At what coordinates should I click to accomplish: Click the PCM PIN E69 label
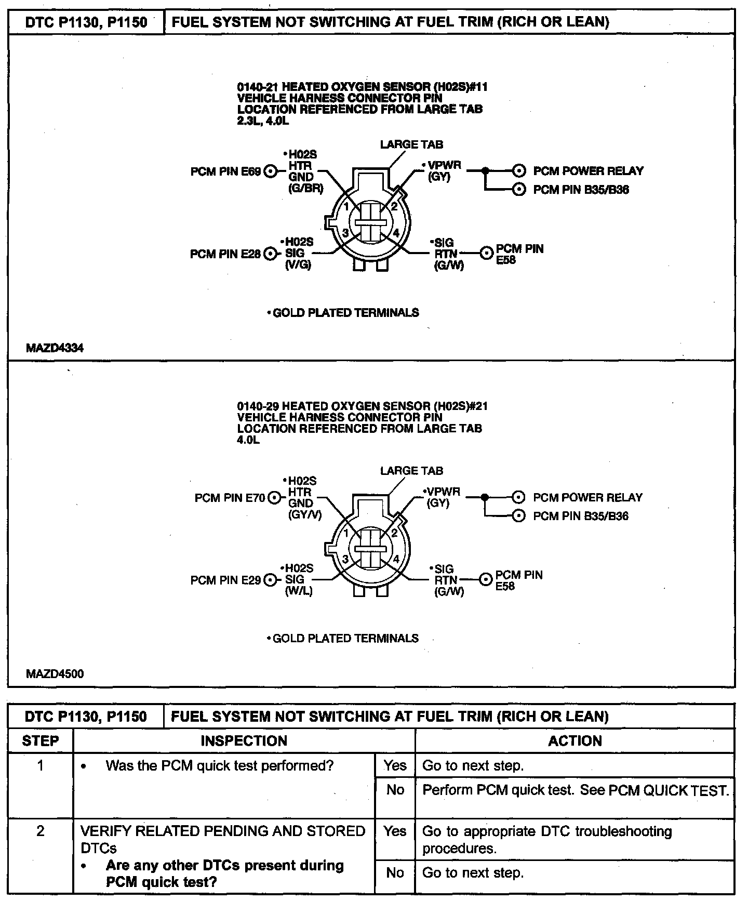[225, 171]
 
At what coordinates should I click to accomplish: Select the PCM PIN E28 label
[225, 254]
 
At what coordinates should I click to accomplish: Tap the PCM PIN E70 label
[230, 498]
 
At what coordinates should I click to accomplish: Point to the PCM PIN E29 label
[225, 580]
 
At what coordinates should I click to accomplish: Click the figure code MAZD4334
[55, 348]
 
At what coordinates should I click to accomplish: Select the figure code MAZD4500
[55, 674]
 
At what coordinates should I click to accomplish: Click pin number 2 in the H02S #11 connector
[394, 206]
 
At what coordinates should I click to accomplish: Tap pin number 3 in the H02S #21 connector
[345, 559]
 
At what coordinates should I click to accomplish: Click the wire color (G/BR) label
[305, 189]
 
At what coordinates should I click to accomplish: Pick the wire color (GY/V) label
[305, 515]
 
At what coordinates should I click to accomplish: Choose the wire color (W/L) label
[299, 591]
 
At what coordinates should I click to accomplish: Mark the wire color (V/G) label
[299, 265]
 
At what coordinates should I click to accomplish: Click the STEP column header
[41, 740]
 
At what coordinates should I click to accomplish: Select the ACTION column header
[575, 740]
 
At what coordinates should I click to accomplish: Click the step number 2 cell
[41, 832]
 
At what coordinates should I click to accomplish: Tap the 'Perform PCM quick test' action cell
[575, 790]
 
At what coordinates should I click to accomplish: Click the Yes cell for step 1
[395, 765]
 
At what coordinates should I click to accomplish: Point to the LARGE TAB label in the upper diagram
[411, 144]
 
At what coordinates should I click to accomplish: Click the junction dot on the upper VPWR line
[485, 170]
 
